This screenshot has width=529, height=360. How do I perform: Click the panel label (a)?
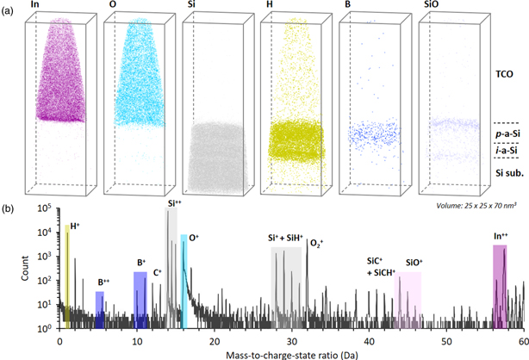8,6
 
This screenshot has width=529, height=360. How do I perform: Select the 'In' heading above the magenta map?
34,6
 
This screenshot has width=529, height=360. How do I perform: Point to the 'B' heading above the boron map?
348,6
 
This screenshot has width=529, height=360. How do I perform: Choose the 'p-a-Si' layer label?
505,136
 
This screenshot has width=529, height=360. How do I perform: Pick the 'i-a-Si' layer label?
506,152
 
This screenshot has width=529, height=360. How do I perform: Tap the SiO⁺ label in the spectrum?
414,256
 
